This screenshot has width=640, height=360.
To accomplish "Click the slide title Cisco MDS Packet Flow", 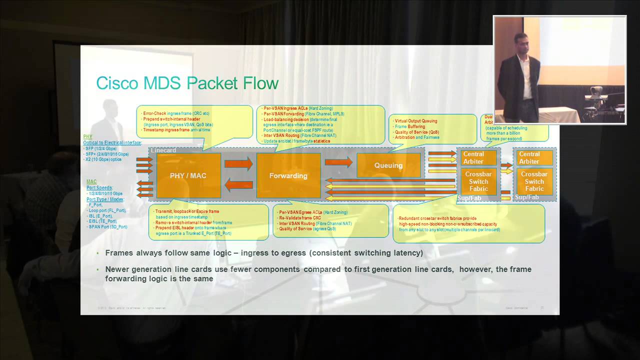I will pyautogui.click(x=187, y=83).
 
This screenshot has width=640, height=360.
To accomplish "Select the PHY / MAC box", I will pyautogui.click(x=188, y=175).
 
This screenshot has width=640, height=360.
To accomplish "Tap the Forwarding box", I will pyautogui.click(x=288, y=175).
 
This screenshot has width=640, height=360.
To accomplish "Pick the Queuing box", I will pyautogui.click(x=388, y=165).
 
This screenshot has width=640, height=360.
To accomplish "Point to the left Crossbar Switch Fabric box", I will pyautogui.click(x=478, y=181).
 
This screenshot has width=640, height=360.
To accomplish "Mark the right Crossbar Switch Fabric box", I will pyautogui.click(x=534, y=181).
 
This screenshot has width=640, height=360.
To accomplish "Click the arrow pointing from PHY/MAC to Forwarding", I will pyautogui.click(x=238, y=163).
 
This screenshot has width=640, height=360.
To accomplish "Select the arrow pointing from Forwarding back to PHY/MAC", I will pyautogui.click(x=238, y=185).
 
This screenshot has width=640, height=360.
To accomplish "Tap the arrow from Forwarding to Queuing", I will pyautogui.click(x=338, y=161).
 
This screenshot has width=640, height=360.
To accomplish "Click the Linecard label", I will pyautogui.click(x=163, y=150).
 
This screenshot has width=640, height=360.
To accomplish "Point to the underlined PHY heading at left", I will pyautogui.click(x=87, y=136).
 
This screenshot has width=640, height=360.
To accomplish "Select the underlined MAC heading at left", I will pyautogui.click(x=91, y=181).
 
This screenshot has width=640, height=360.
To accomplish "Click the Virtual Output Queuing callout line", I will pyautogui.click(x=416, y=121).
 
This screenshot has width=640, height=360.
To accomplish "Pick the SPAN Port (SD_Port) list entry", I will pyautogui.click(x=108, y=227).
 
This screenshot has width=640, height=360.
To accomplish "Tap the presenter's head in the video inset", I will pyautogui.click(x=521, y=40).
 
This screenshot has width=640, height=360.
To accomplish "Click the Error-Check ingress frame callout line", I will pyautogui.click(x=168, y=113).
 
